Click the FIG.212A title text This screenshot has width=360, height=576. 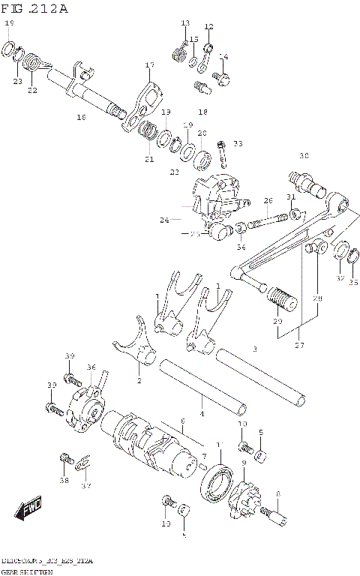tap(34, 8)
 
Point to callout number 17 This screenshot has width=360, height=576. tap(149, 65)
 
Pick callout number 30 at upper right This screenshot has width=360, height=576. tap(304, 156)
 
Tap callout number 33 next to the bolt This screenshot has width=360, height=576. tap(238, 143)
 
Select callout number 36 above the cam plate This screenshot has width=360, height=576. tap(91, 367)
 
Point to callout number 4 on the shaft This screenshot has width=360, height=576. tap(201, 413)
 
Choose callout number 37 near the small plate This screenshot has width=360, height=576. tap(86, 485)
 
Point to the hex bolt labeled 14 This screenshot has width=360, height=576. tap(222, 76)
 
